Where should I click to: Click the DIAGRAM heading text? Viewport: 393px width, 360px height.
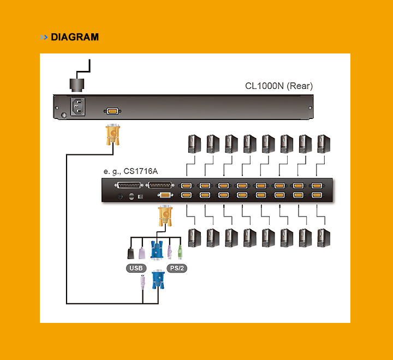[75, 37]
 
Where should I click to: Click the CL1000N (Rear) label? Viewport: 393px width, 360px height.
[279, 86]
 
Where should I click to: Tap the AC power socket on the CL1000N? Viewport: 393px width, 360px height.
[78, 106]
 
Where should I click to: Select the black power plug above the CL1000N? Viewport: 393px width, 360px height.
[78, 84]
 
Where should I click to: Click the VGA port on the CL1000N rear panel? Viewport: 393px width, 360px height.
[112, 111]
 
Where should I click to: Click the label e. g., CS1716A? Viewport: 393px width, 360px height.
[130, 171]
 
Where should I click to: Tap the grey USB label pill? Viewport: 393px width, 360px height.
[136, 268]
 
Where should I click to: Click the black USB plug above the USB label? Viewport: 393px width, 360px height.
[131, 253]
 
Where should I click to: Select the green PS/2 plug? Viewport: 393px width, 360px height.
[180, 251]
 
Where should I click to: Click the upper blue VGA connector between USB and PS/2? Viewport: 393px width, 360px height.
[157, 251]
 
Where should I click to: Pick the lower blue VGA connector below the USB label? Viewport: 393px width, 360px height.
[158, 279]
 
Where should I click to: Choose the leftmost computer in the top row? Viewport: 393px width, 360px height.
[194, 144]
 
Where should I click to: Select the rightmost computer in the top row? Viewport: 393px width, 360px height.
[324, 144]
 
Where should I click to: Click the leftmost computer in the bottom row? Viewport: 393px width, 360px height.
[194, 238]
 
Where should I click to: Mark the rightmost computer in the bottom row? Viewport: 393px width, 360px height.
[324, 238]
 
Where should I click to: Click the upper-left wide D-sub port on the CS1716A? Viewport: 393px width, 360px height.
[128, 185]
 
